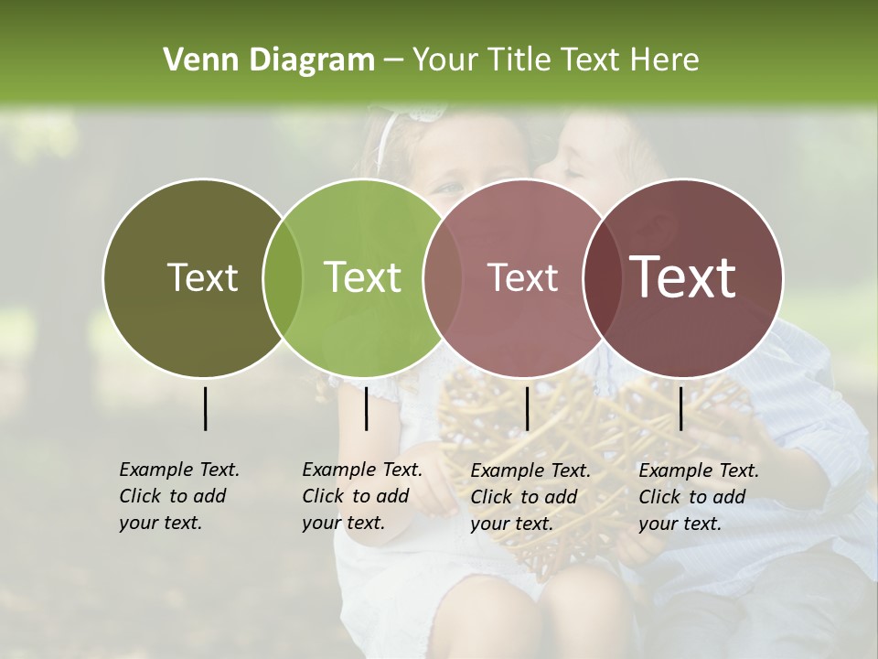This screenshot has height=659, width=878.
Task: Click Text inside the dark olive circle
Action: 202,277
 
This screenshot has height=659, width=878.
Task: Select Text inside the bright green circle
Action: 362,277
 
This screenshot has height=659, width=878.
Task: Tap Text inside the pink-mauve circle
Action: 522,277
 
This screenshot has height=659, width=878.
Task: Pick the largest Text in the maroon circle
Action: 683,277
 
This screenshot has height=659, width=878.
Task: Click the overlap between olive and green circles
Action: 283,277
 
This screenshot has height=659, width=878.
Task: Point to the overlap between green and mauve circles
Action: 443,277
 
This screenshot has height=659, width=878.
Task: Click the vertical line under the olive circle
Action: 206,408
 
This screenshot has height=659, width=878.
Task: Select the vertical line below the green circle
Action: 366,408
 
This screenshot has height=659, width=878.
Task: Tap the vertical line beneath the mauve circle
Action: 527,408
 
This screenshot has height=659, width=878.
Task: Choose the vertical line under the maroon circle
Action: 680,408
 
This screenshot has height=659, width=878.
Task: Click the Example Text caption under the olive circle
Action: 178,496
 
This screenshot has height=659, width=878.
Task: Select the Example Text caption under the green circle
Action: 361,496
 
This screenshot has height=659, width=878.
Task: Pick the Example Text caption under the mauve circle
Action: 530,497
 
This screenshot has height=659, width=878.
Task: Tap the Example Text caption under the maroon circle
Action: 698,497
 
